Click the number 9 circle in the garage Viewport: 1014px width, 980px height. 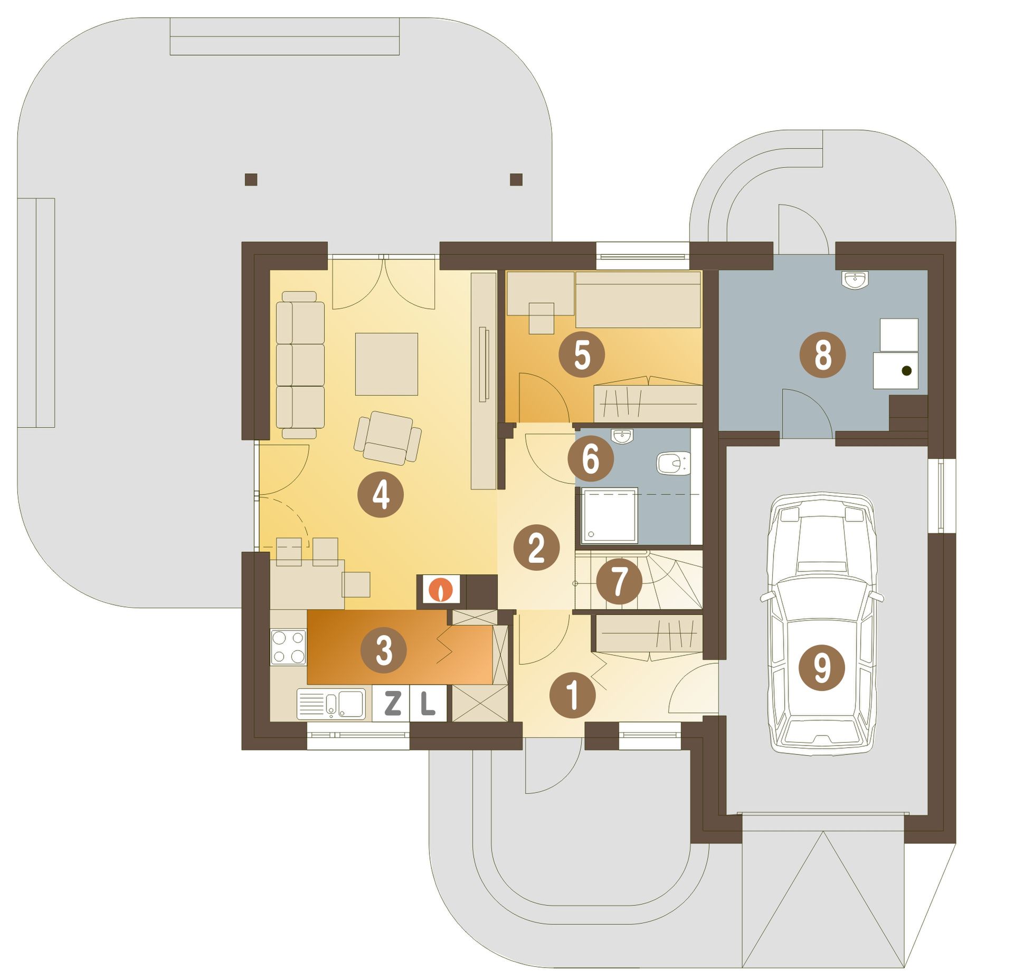click(x=822, y=668)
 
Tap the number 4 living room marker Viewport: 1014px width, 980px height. click(x=381, y=495)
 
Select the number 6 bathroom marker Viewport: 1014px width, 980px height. click(x=591, y=458)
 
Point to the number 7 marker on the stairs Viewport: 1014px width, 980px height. click(x=619, y=582)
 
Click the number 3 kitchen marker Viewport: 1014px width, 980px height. click(x=384, y=650)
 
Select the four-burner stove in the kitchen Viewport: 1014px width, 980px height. click(x=288, y=647)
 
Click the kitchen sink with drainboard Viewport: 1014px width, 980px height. click(x=331, y=704)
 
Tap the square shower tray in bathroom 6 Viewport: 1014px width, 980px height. click(x=610, y=515)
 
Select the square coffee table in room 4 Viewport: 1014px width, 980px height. click(x=386, y=364)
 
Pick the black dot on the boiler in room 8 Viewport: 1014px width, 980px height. click(x=907, y=371)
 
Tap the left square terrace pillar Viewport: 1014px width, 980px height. click(x=251, y=179)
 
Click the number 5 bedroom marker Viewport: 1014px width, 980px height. click(x=582, y=354)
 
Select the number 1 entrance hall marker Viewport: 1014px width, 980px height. click(x=573, y=695)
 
